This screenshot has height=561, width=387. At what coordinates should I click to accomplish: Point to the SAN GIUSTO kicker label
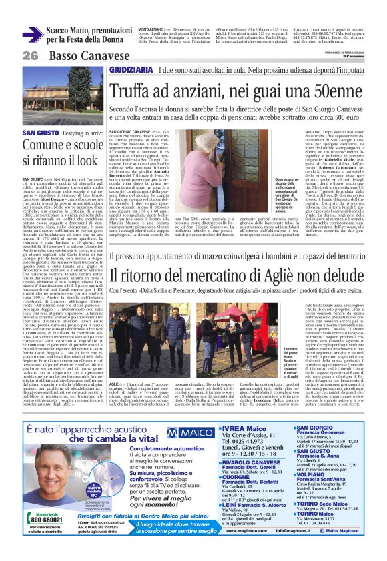(x=40, y=133)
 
